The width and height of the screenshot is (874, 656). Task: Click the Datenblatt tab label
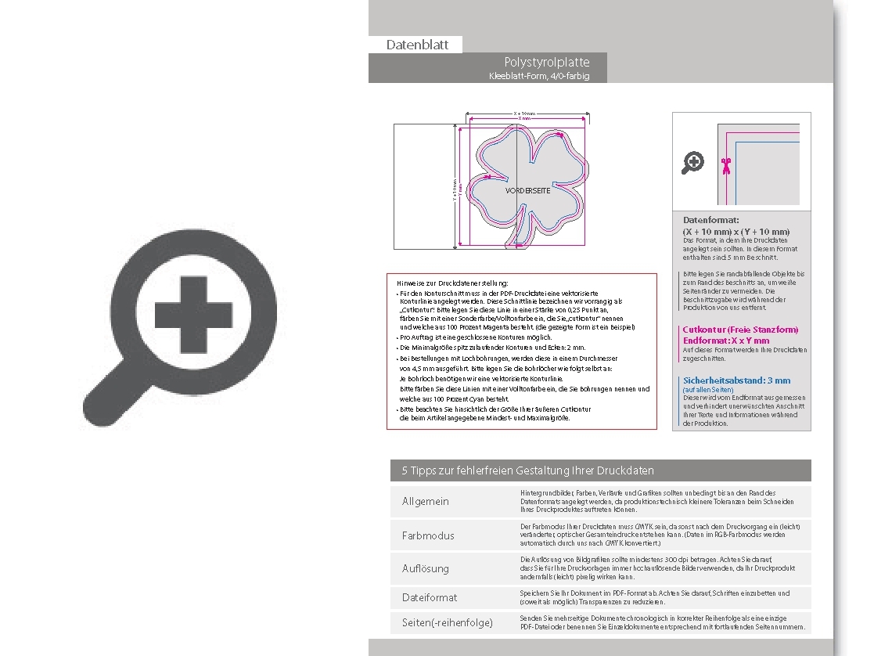point(417,45)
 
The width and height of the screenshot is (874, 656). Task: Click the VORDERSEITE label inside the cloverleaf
point(527,191)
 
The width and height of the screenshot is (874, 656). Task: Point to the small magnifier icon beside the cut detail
point(692,162)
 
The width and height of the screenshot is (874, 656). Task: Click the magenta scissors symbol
point(725,165)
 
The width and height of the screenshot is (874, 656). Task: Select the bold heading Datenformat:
point(710,221)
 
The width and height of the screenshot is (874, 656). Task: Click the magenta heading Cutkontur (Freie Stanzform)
point(740,330)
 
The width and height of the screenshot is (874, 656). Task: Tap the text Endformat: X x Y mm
point(725,341)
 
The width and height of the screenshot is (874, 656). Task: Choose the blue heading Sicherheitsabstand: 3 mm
point(736,380)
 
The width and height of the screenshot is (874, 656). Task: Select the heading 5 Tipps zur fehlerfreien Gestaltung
point(527,470)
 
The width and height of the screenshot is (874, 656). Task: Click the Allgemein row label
point(426,501)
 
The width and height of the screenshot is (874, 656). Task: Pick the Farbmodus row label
point(428,536)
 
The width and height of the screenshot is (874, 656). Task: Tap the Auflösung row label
point(426,568)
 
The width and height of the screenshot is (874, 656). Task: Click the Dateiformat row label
point(430,597)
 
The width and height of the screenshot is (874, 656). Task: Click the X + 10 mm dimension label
point(524,114)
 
